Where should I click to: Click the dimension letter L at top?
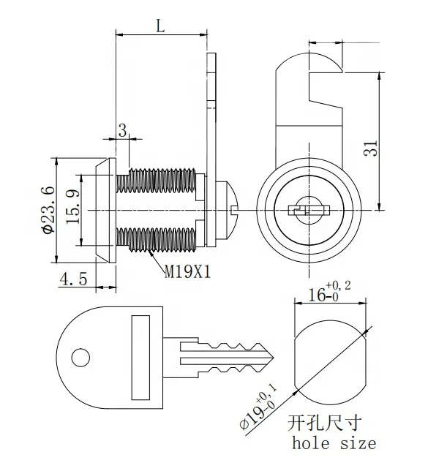tap(160, 26)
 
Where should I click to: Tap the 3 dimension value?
tap(123, 131)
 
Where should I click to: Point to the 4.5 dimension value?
tap(74, 279)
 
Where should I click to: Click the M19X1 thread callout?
tap(187, 272)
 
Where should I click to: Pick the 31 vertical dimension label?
tap(371, 148)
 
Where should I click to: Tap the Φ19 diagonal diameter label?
tap(258, 408)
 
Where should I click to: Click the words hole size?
tap(334, 444)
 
